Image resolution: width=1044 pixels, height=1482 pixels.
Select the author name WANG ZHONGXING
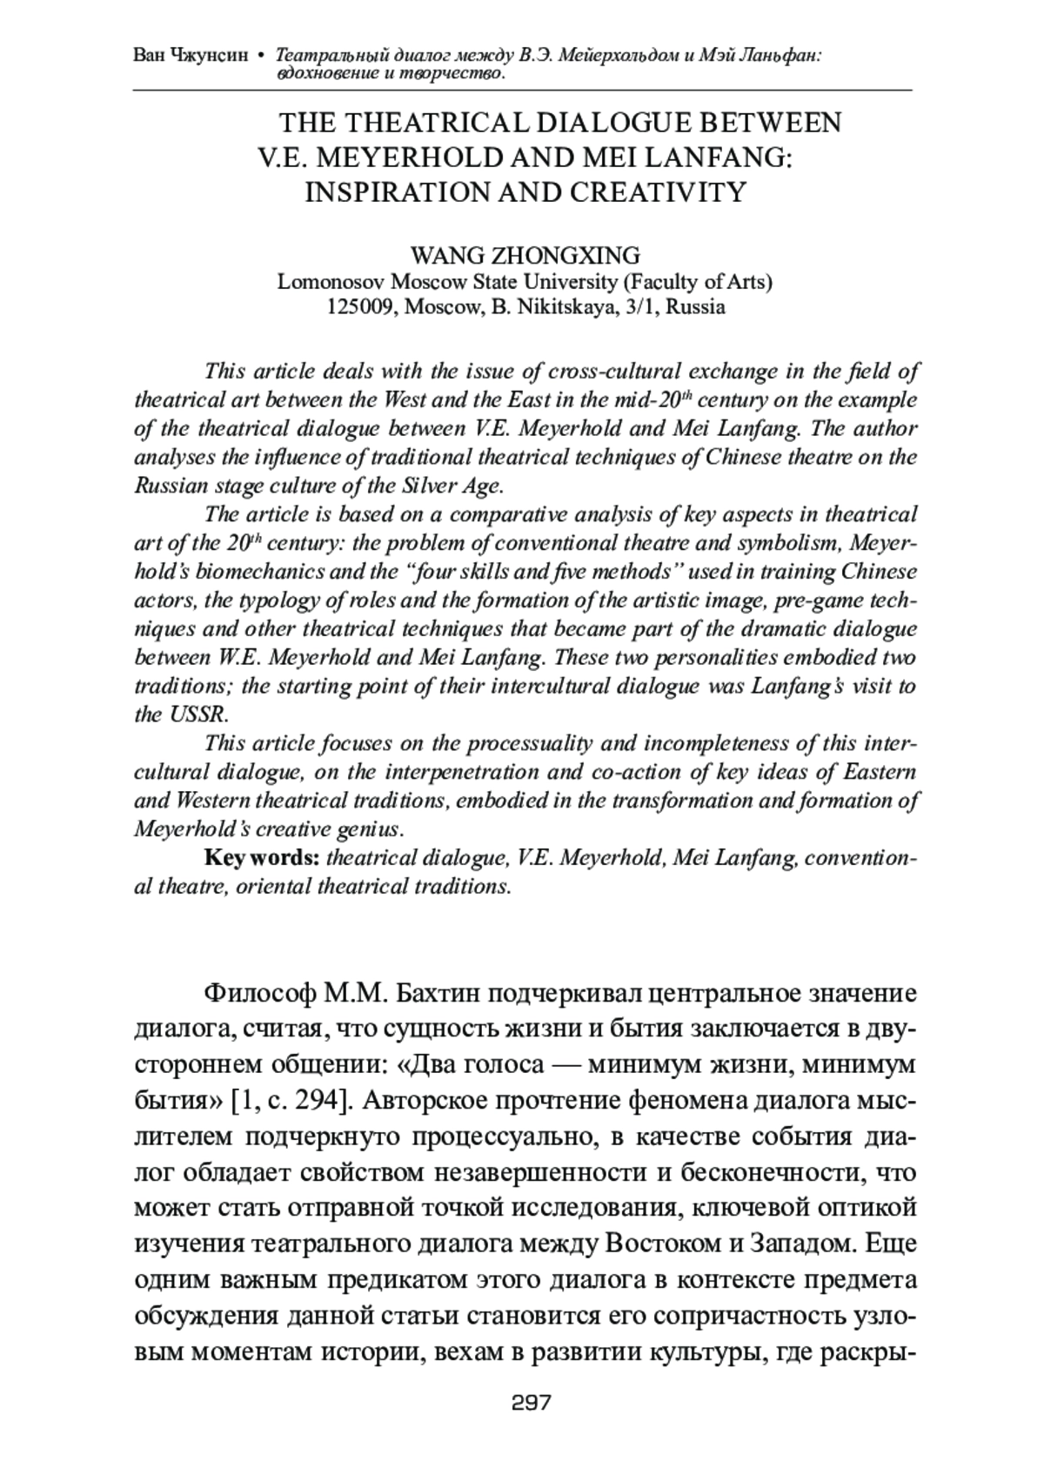pos(525,256)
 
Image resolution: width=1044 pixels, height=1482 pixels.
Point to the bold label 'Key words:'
pos(262,858)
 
